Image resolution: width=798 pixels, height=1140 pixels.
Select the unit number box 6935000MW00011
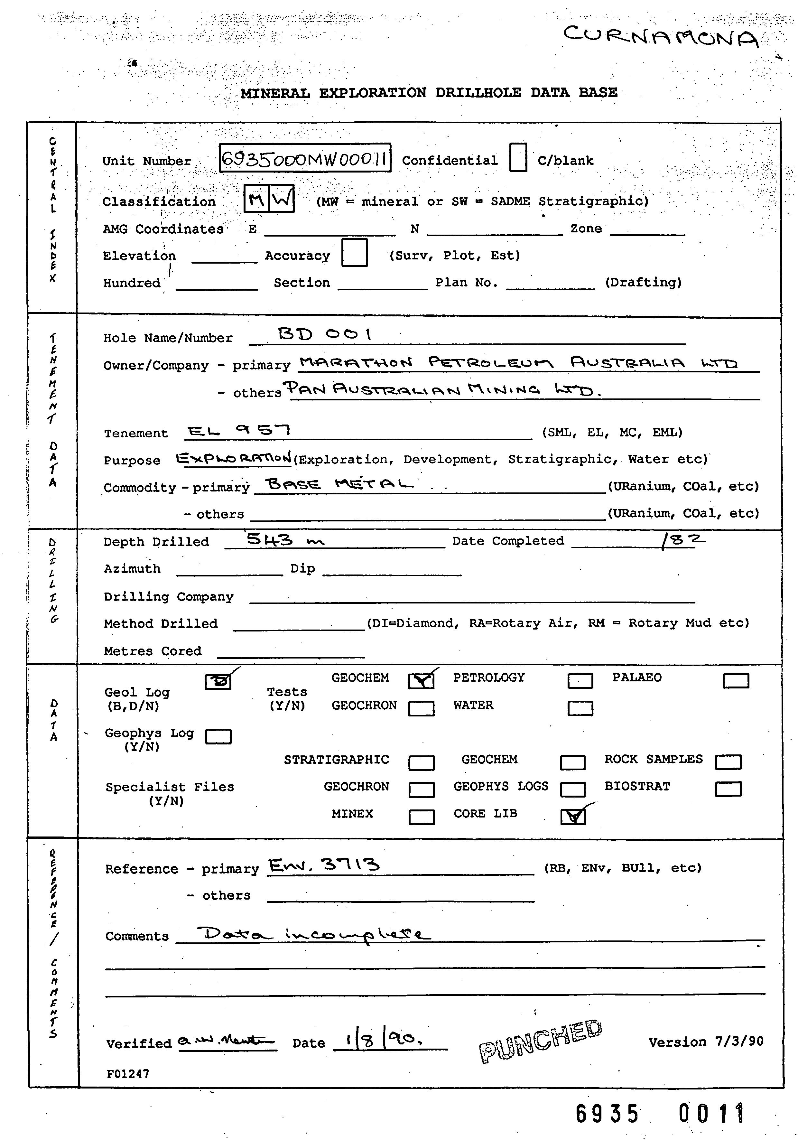pyautogui.click(x=305, y=158)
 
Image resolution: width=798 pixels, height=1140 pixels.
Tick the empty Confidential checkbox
pyautogui.click(x=518, y=157)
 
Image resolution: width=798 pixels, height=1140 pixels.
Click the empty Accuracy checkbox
pyautogui.click(x=354, y=253)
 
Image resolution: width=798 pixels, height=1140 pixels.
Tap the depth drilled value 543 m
pyautogui.click(x=285, y=539)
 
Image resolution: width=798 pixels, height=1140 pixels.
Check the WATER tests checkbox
pyautogui.click(x=580, y=708)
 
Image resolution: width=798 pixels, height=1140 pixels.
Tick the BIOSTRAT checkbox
pyautogui.click(x=728, y=789)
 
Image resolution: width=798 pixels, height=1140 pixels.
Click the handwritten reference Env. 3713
pyautogui.click(x=324, y=865)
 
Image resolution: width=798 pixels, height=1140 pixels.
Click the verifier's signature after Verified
pyautogui.click(x=226, y=1040)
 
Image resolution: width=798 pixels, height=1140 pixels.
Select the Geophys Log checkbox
pyautogui.click(x=218, y=736)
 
